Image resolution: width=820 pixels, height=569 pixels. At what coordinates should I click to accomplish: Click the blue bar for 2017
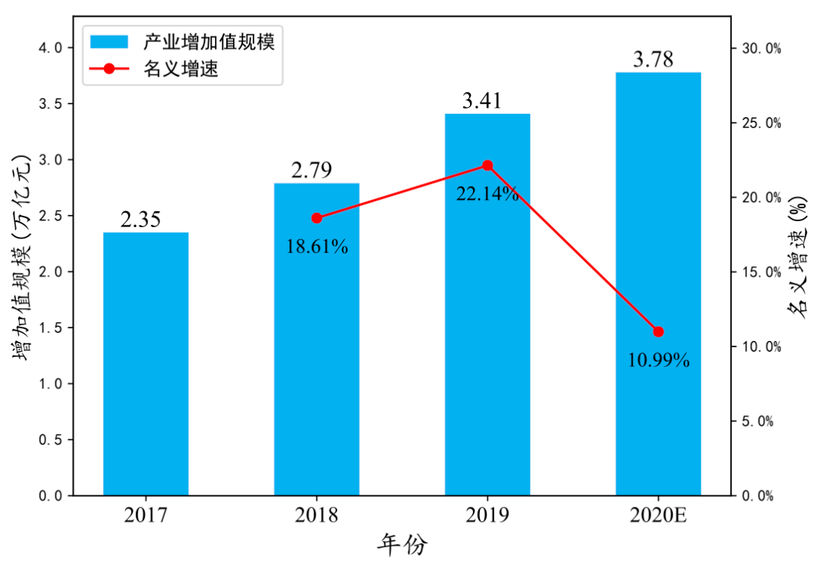tap(146, 364)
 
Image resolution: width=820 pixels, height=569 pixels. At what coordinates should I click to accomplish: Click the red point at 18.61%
tap(317, 218)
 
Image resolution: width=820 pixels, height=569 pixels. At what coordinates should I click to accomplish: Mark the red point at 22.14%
tap(487, 166)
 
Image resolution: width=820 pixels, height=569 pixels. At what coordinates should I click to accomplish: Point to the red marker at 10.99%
tap(658, 331)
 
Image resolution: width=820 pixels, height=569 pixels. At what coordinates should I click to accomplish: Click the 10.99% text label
tap(658, 360)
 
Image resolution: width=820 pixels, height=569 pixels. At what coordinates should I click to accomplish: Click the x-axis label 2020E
tap(658, 516)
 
